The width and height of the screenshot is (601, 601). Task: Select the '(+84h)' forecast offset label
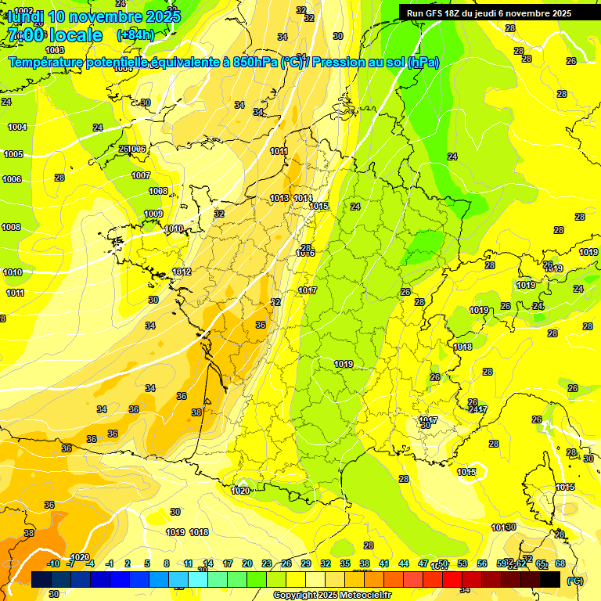[x=135, y=35]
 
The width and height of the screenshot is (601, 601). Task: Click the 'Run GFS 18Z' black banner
[x=489, y=13]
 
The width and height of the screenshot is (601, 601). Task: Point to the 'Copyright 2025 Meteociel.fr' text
[x=332, y=596]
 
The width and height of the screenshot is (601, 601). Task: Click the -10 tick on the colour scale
[x=53, y=563]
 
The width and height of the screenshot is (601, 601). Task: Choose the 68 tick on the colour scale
[x=560, y=563]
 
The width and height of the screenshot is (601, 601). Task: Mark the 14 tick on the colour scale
[x=208, y=563]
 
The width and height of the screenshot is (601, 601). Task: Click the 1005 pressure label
[x=13, y=154]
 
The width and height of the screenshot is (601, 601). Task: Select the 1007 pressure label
[x=141, y=175]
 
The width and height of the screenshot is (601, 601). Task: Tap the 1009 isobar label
[x=153, y=214]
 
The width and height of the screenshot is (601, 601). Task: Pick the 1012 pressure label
[x=182, y=272]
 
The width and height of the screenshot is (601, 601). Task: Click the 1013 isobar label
[x=279, y=198]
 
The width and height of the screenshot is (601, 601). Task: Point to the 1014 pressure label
[x=304, y=198]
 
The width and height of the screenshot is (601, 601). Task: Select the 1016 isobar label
[x=306, y=253]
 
